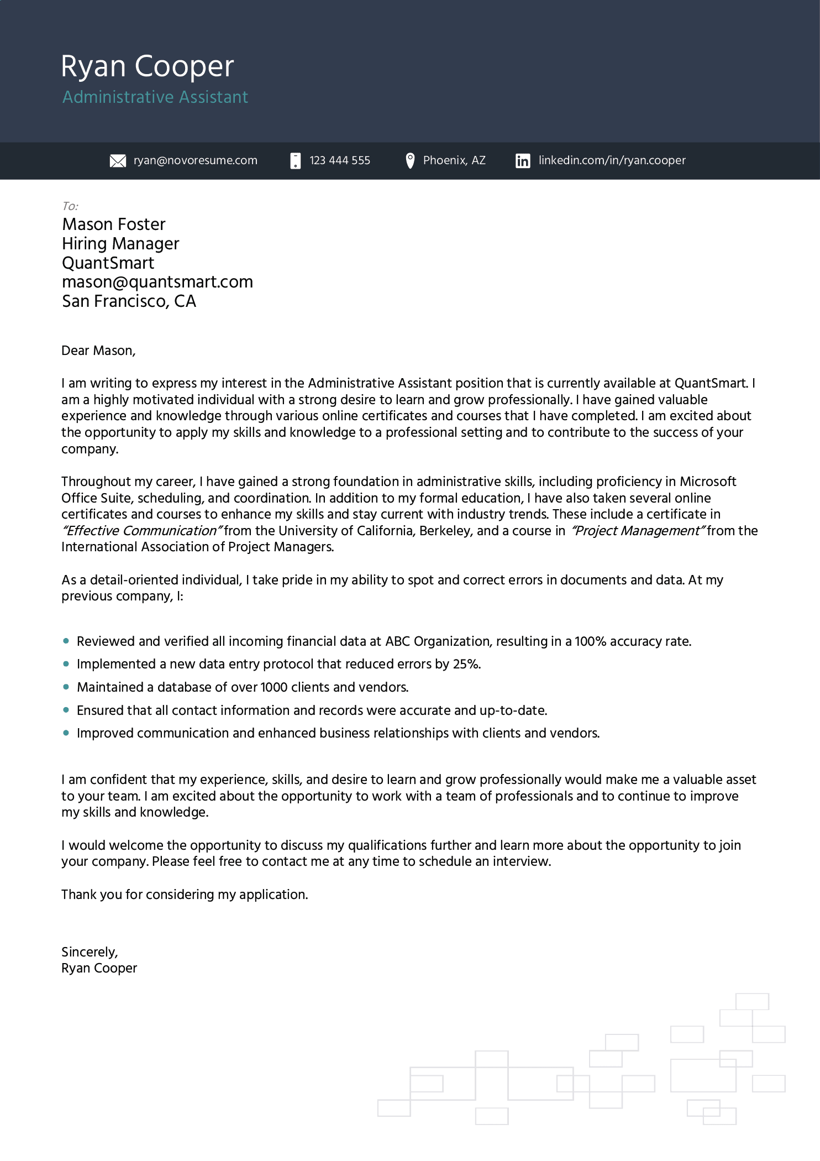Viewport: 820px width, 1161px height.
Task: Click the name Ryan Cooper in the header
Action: [147, 66]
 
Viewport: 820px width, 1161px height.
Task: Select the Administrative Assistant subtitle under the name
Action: [155, 97]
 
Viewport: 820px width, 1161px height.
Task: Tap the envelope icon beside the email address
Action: [118, 161]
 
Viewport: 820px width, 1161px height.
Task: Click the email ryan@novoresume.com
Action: [195, 160]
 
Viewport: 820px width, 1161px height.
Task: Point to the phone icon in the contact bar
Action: [296, 161]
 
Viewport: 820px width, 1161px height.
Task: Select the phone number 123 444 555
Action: [340, 160]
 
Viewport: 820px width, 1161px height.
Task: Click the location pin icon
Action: [410, 160]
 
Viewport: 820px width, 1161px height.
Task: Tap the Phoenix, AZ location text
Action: [454, 160]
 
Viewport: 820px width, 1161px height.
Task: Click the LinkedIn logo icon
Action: [523, 161]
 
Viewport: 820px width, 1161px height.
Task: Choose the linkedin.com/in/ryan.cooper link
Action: [612, 160]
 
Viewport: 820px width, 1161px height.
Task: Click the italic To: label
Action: [70, 206]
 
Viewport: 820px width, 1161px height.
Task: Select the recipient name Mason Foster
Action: [114, 224]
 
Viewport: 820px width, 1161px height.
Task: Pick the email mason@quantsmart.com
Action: [157, 282]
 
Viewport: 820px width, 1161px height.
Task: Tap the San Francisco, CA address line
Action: [129, 301]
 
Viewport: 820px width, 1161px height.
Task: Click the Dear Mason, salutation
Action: [98, 351]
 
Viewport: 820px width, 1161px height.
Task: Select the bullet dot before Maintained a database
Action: [66, 687]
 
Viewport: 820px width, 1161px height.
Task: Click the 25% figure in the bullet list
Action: [466, 664]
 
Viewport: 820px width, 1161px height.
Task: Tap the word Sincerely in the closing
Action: [89, 952]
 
